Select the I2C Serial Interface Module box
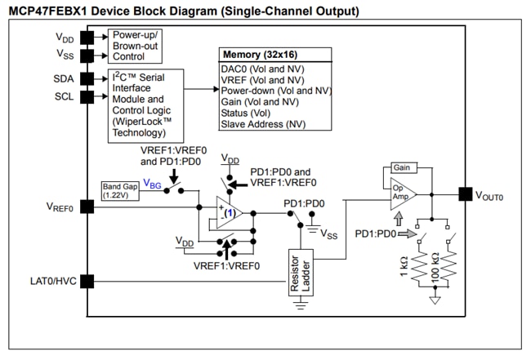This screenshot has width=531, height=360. pos(141,104)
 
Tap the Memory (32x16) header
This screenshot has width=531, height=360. pos(274,55)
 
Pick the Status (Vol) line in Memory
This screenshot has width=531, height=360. pos(246,112)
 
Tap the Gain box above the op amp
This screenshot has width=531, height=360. pos(402,167)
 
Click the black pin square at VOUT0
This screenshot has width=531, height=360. pos(465,193)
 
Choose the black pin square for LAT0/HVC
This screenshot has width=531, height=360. pos(84,281)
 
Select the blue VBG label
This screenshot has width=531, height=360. pos(152,184)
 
